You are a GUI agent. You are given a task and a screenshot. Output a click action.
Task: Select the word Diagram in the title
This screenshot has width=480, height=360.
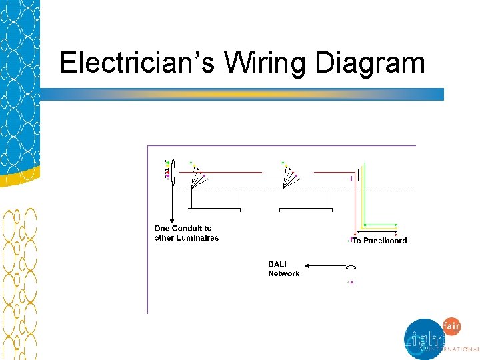point(369,64)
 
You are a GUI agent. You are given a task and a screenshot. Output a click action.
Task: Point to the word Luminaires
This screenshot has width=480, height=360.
point(197,238)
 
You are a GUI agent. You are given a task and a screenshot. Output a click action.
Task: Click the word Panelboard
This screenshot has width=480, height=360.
point(385,241)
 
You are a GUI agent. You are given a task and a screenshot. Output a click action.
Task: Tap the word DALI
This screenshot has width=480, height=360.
point(277,265)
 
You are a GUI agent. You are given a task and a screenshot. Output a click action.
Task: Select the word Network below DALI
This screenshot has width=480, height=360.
point(284,274)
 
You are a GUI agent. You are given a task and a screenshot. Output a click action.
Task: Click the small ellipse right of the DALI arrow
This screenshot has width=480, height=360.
point(351,268)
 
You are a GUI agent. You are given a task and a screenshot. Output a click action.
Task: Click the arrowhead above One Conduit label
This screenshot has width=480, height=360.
point(173,219)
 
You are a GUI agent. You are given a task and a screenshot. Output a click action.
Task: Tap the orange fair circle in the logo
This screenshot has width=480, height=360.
point(451,326)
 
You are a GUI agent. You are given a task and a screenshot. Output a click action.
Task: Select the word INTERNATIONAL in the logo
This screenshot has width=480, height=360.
point(455,349)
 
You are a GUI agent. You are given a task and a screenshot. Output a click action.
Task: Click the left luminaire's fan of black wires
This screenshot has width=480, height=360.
point(196,177)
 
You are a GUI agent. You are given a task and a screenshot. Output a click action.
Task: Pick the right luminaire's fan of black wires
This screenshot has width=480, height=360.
point(288,177)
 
